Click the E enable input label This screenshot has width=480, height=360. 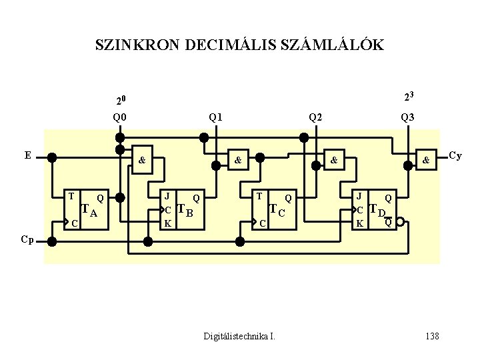(x=28, y=155)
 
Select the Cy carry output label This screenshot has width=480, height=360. (x=455, y=156)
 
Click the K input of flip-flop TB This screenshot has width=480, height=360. (x=168, y=223)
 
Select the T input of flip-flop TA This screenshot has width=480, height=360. (x=71, y=197)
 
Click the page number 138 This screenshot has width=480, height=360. (x=432, y=336)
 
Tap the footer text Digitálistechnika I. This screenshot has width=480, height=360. (x=239, y=336)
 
